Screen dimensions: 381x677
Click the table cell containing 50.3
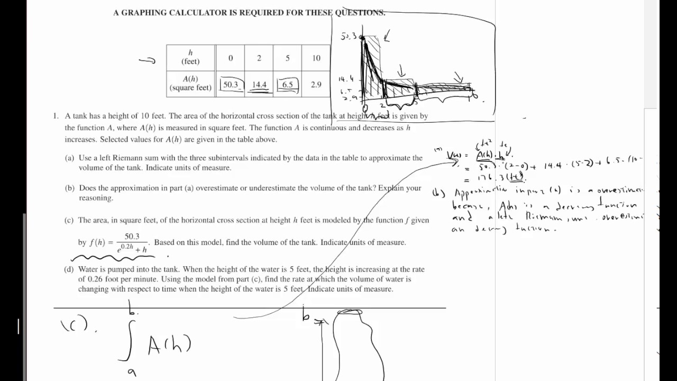[x=231, y=85]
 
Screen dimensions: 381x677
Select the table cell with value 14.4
[x=259, y=85]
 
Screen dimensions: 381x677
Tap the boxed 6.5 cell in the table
[x=287, y=85]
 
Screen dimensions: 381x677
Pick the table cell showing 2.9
[x=316, y=85]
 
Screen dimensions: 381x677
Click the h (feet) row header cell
[x=190, y=57]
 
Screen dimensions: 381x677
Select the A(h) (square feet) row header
[x=190, y=84]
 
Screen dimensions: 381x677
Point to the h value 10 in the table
[x=316, y=58]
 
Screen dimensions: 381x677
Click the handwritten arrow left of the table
[x=147, y=60]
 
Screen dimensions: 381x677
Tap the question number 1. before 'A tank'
[x=56, y=116]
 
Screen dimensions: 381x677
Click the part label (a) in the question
[x=69, y=158]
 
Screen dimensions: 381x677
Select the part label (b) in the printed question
[x=69, y=188]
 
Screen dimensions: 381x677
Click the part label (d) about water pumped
[x=69, y=269]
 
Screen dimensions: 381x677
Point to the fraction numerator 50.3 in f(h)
[x=132, y=237]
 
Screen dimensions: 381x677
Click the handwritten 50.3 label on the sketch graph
[x=349, y=37]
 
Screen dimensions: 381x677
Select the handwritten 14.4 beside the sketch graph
[x=346, y=79]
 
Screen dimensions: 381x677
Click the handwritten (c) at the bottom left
[x=75, y=324]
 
